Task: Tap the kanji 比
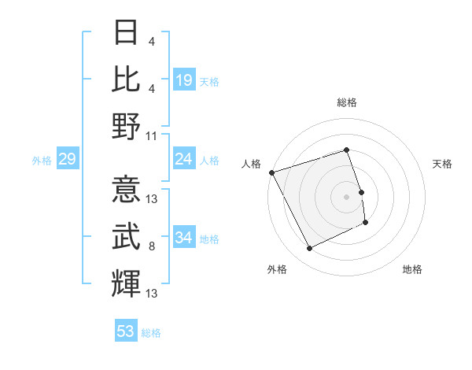coord(127,80)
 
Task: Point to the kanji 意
coord(127,191)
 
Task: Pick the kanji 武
coord(127,238)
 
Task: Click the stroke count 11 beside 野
coord(152,135)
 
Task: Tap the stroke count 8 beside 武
coord(152,247)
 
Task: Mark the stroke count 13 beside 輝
coord(152,294)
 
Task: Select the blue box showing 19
coord(184,80)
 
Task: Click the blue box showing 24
coord(184,160)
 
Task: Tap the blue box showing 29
coord(67,160)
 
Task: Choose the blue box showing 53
coord(126,331)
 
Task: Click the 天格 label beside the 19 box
coord(209,82)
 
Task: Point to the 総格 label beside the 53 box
coord(151,333)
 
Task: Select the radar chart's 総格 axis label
coord(347,102)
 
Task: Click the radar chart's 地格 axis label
coord(412,269)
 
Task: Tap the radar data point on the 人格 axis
coord(271,172)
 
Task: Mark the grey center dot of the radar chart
coord(347,196)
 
